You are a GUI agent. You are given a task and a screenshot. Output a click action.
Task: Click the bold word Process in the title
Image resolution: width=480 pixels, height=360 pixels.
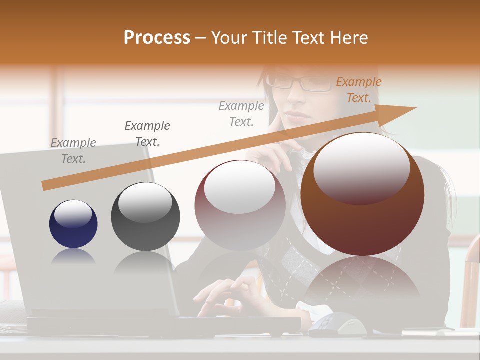coord(157,38)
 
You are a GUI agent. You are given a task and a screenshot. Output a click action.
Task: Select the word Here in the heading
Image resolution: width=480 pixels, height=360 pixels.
coord(348,38)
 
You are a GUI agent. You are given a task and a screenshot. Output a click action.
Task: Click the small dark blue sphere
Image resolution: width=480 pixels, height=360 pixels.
coord(73,224)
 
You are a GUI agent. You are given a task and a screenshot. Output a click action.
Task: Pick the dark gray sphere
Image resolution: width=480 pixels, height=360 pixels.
coord(145,217)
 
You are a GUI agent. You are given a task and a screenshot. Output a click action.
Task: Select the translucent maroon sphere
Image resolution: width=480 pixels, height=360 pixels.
coord(240,205)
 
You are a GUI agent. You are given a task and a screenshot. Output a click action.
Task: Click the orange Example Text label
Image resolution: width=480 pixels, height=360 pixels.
coord(358,90)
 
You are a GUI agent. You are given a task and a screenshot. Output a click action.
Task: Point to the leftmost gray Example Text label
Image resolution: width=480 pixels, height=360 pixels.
coord(73,151)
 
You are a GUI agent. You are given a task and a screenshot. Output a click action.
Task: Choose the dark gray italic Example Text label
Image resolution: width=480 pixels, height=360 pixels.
coord(147,133)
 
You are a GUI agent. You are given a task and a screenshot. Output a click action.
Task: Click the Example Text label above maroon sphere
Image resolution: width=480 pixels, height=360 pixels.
coord(241,113)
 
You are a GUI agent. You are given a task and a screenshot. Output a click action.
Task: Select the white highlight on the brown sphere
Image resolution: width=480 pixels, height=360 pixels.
coord(361,167)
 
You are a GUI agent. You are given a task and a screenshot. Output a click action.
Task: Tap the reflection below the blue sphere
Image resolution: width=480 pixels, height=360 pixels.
coord(73,256)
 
